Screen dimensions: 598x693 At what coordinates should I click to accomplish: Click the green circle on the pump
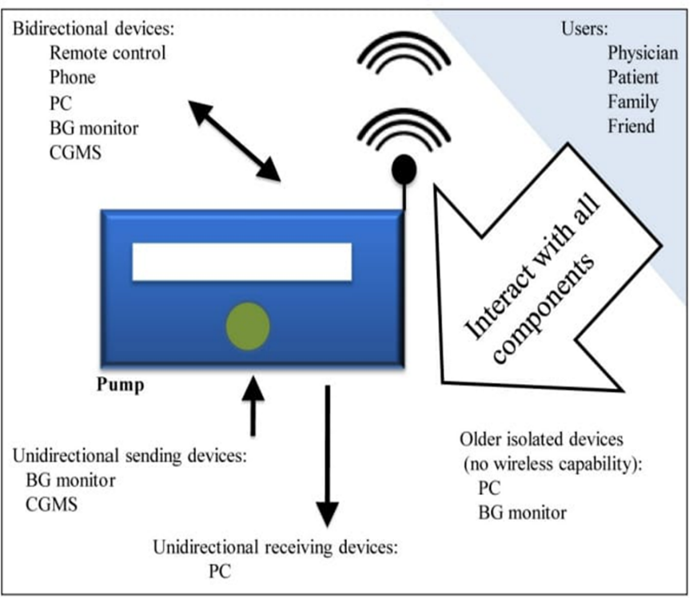point(247,326)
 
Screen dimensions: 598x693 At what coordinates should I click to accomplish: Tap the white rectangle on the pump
point(241,262)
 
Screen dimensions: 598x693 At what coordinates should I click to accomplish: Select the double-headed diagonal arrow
point(234,141)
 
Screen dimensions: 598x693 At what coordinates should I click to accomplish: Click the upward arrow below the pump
point(253,406)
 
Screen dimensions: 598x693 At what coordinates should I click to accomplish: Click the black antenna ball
point(403,168)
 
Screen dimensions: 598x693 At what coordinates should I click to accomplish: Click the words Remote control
point(108,54)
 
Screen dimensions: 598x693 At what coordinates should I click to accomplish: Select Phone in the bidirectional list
point(72,77)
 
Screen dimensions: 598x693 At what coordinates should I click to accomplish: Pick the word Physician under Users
point(642,54)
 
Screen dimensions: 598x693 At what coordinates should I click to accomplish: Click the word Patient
point(633,78)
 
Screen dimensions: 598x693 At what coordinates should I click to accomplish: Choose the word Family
point(633,102)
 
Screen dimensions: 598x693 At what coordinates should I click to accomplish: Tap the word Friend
point(631,126)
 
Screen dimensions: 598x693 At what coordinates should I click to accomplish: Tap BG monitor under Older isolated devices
point(522,513)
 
